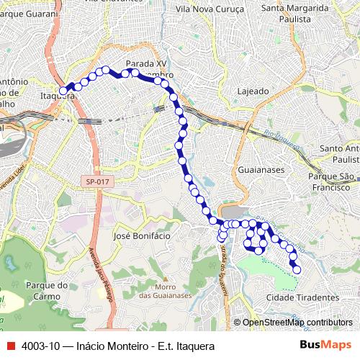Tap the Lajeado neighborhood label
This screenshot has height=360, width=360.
(x=253, y=91)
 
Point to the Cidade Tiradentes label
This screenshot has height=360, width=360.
(x=302, y=297)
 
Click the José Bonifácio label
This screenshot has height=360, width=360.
(x=142, y=235)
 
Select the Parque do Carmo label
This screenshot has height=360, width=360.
(x=47, y=289)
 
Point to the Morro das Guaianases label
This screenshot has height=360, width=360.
(x=165, y=289)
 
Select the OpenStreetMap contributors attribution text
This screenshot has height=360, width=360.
(x=297, y=322)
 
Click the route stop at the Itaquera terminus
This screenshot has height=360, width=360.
(x=63, y=91)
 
